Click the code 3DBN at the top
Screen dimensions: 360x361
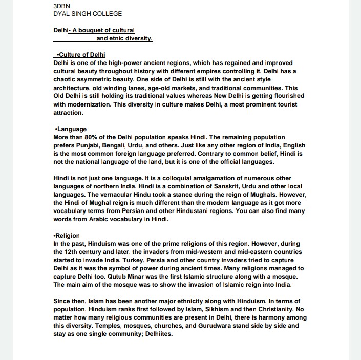tap(61, 6)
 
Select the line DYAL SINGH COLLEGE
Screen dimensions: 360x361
tap(88, 14)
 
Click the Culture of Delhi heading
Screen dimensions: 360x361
tap(83, 55)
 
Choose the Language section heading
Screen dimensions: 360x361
tap(71, 129)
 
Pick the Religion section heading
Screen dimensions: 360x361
tap(68, 236)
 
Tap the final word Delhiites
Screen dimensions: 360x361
tap(159, 334)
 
